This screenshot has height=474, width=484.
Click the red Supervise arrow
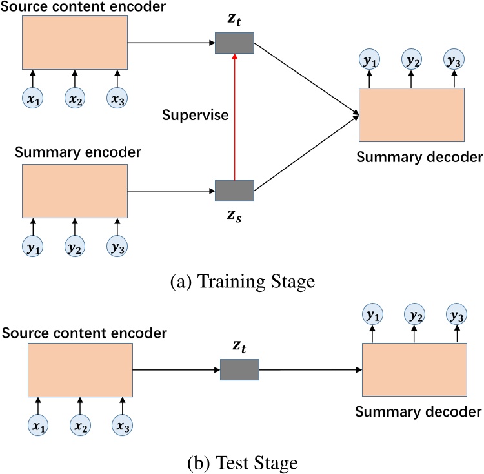[234, 116]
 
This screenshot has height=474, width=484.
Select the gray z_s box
[234, 191]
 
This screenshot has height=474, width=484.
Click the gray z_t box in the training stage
[234, 43]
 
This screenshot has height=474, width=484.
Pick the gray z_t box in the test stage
[239, 370]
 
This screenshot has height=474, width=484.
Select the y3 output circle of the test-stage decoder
[455, 316]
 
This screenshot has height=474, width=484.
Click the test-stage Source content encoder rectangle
[80, 370]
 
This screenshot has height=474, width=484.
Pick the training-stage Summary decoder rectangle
[411, 114]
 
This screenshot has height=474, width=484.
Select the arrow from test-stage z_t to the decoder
[310, 370]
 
